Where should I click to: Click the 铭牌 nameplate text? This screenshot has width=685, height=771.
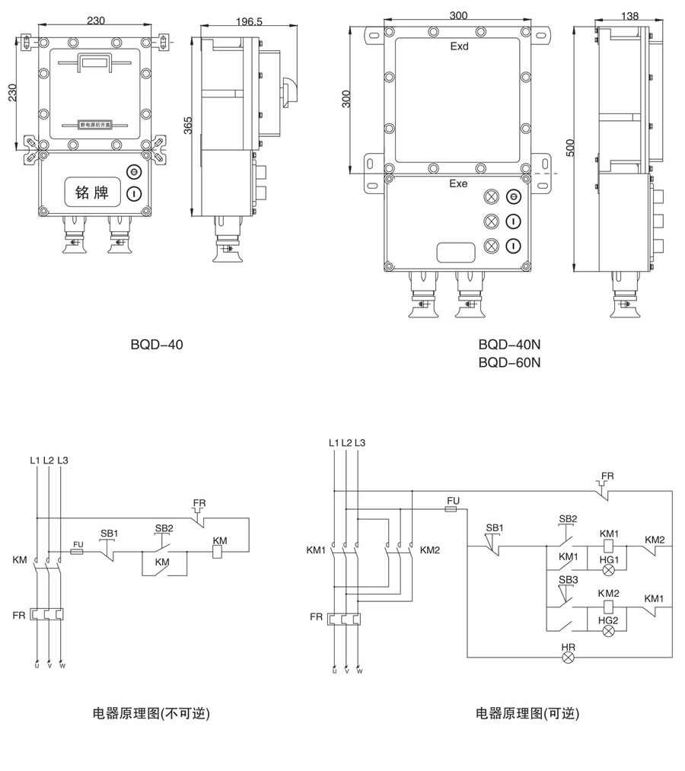(x=92, y=193)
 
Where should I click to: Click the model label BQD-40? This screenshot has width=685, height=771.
(x=157, y=344)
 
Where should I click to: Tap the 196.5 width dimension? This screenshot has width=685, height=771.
(x=248, y=22)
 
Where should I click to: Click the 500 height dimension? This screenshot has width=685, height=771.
(x=571, y=147)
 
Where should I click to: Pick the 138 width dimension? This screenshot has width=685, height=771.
(x=629, y=15)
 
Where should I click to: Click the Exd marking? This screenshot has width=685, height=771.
(x=459, y=46)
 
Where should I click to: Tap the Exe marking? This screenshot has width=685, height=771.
(x=458, y=184)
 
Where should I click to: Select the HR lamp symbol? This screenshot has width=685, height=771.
(x=568, y=658)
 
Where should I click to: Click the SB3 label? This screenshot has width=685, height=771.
(x=568, y=580)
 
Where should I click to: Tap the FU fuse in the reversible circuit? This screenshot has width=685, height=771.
(x=453, y=511)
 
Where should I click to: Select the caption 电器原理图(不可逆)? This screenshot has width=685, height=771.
(x=151, y=713)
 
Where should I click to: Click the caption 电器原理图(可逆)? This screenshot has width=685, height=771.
(x=527, y=713)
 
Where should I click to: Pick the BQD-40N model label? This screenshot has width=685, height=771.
(x=509, y=345)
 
